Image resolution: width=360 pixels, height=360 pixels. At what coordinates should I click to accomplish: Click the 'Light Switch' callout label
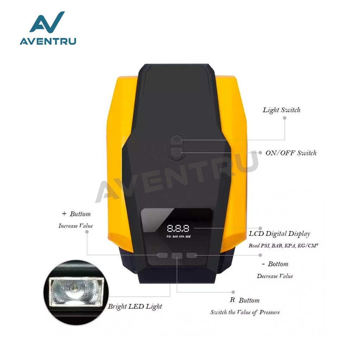point(282,110)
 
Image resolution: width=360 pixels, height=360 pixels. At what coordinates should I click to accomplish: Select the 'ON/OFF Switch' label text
point(291,153)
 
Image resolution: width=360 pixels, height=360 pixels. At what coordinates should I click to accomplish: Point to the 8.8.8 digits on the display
point(178,228)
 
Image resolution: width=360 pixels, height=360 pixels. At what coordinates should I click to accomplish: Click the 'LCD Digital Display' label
point(279,234)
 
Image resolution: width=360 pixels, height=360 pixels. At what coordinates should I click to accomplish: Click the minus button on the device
point(192,255)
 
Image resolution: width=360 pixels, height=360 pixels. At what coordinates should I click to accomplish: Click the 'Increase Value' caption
point(76,226)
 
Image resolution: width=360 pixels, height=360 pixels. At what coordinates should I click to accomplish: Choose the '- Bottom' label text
point(275,264)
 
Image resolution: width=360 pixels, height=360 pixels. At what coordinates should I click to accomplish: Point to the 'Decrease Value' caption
point(275,276)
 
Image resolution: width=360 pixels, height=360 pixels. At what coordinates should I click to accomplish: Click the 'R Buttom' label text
point(245,300)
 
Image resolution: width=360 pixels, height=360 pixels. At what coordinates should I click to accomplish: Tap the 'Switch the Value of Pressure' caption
point(245,312)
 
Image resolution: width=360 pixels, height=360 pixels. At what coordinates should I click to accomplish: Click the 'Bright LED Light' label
point(135,306)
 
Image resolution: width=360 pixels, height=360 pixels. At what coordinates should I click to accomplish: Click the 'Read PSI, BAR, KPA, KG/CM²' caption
point(278,246)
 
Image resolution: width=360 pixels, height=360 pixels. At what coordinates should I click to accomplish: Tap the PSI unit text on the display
point(169,237)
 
